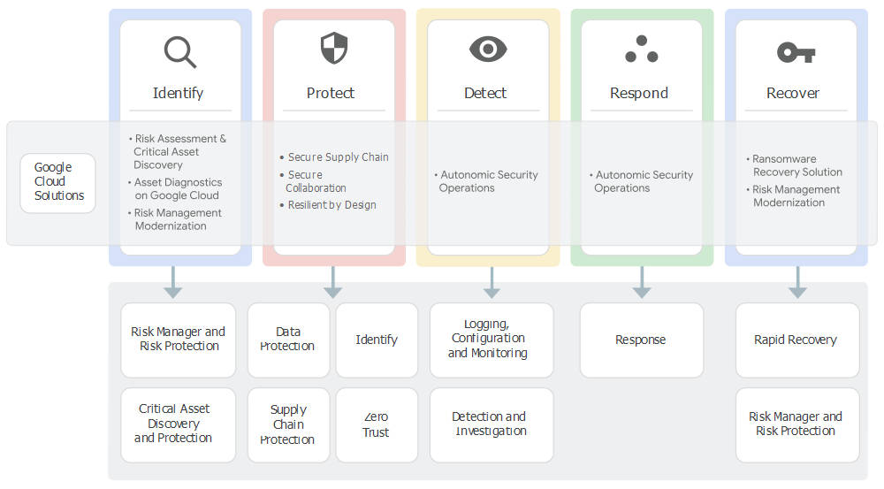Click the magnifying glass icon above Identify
pos(179,51)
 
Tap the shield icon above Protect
pos(333,49)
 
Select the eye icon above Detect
pos(487,50)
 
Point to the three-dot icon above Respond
pos(641,50)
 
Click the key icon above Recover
pos(796,52)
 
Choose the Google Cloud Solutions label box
pos(57,182)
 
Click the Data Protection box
pos(288,340)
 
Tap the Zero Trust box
pos(377,424)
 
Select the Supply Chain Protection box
pos(288,424)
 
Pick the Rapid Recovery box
pos(796,340)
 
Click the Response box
pos(641,340)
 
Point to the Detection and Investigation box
pos(491,424)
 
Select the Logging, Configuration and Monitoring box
pos(491,340)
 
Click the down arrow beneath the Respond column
pos(642,282)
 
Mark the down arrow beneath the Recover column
pos(796,282)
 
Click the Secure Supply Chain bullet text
pos(338,157)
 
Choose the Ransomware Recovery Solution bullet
pos(796,165)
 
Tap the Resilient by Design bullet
pos(331,205)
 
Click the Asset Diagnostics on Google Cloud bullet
pos(178,189)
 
